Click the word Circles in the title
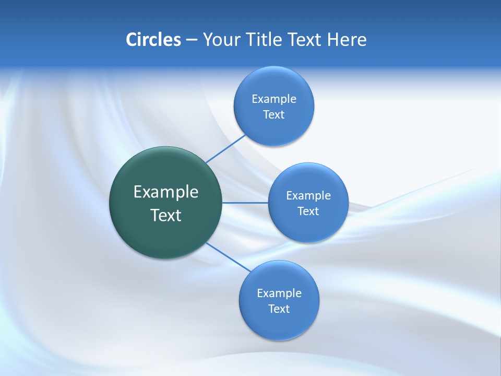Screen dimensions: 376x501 (x=153, y=40)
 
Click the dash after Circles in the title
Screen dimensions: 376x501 (x=192, y=40)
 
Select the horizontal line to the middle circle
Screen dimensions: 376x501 (x=245, y=203)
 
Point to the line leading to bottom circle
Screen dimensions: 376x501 (x=228, y=256)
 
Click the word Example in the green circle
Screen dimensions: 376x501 (x=166, y=192)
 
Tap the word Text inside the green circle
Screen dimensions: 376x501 (x=166, y=215)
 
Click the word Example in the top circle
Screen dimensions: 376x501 (x=274, y=99)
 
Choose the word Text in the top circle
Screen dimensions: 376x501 (x=273, y=115)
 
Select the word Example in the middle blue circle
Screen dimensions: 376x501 (x=308, y=196)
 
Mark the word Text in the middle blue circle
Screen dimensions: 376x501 (x=308, y=211)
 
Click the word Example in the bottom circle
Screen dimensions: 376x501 (x=279, y=293)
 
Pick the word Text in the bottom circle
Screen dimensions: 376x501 (x=279, y=309)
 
